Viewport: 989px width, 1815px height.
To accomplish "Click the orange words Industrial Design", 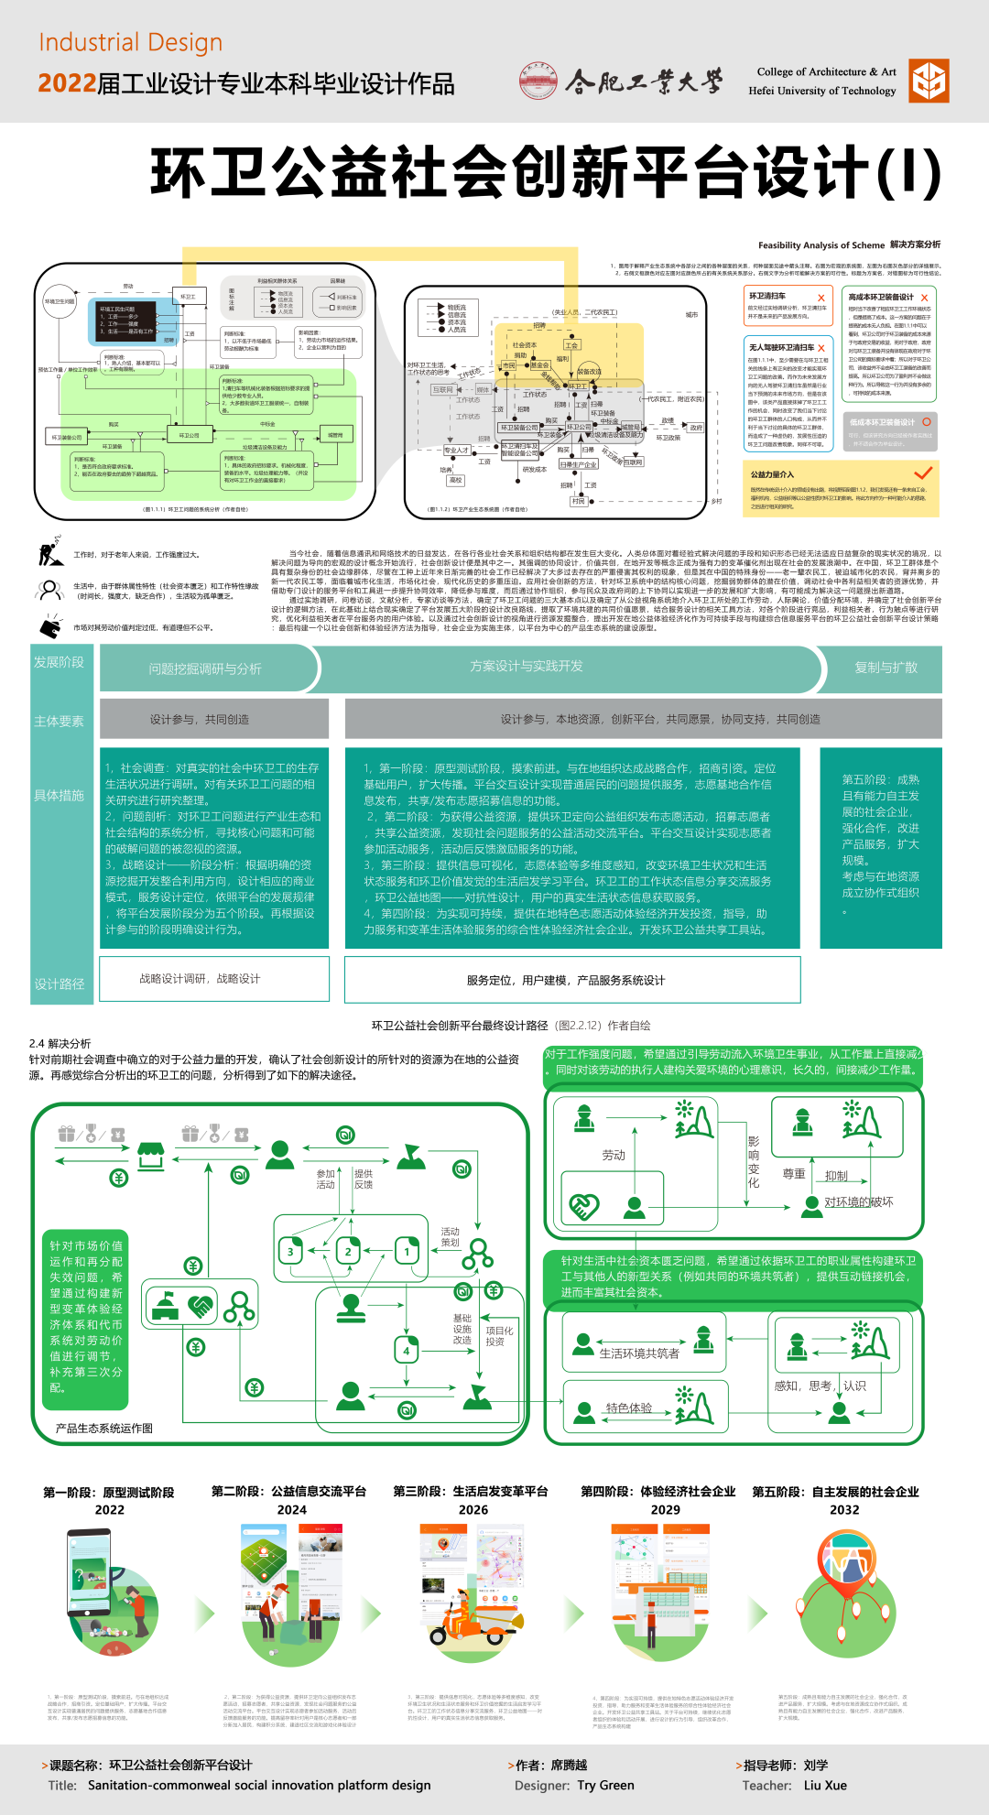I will click(130, 43).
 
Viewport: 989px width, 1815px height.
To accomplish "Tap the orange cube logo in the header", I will click(929, 81).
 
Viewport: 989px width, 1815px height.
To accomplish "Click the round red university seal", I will click(538, 82).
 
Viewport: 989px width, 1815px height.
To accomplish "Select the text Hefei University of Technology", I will click(821, 91).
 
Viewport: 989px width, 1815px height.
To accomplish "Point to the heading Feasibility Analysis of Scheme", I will click(821, 245).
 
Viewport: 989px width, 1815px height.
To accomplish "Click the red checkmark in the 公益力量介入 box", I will click(923, 473).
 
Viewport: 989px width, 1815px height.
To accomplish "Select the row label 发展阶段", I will click(59, 662).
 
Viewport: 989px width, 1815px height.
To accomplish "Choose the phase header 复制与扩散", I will click(886, 668).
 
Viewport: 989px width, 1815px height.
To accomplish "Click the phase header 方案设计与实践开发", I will click(526, 667).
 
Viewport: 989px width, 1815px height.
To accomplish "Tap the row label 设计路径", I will click(60, 984).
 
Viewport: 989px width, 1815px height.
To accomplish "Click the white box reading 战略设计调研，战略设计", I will click(200, 979).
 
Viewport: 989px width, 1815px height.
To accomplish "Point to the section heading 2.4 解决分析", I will click(60, 1043).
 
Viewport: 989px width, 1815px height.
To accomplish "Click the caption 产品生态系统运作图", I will click(103, 1428).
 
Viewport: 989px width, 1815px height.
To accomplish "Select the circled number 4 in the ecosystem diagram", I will click(407, 1350).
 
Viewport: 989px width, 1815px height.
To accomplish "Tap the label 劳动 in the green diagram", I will click(614, 1155).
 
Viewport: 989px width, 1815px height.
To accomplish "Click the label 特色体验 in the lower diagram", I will click(628, 1407).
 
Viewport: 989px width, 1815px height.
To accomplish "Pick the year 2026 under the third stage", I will click(473, 1509).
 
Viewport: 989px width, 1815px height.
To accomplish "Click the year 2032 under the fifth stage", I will click(844, 1509).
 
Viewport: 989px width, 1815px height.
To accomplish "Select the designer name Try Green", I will click(605, 1785).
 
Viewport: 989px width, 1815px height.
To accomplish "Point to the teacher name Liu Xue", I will click(825, 1785).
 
